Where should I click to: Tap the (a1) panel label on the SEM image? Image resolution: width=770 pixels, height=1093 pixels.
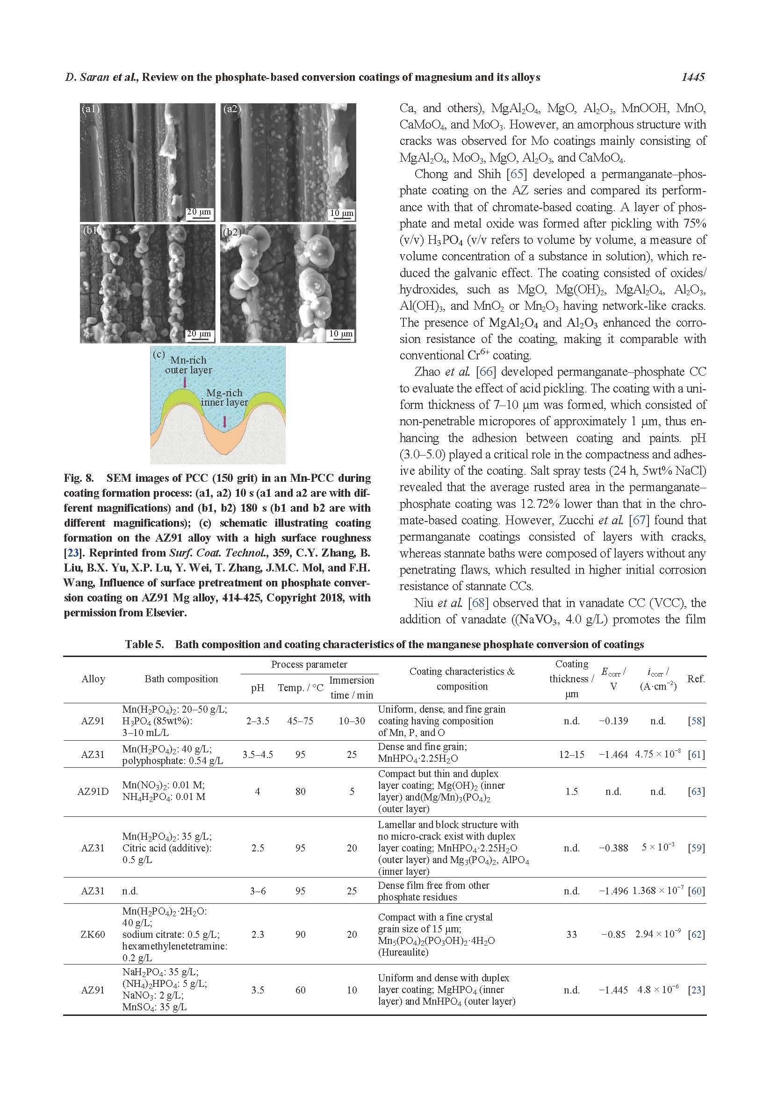coord(91,109)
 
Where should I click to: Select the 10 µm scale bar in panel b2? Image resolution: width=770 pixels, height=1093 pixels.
coord(341,334)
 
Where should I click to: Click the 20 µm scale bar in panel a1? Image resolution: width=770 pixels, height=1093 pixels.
coord(199,212)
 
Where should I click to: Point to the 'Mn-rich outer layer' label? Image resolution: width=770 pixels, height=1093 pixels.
coord(188,364)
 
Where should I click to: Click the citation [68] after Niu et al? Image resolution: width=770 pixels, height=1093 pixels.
coord(477,603)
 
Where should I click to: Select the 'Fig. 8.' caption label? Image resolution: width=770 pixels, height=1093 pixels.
coord(79,478)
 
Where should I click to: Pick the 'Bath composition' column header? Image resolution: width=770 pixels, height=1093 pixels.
coord(181,679)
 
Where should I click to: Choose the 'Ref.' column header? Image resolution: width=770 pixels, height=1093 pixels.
coord(696,679)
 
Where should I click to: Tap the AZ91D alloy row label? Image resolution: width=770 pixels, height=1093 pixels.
coord(93,792)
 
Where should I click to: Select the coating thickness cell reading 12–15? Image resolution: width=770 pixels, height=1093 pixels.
coord(571,755)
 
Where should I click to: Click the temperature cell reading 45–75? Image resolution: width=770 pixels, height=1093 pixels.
coord(300,721)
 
